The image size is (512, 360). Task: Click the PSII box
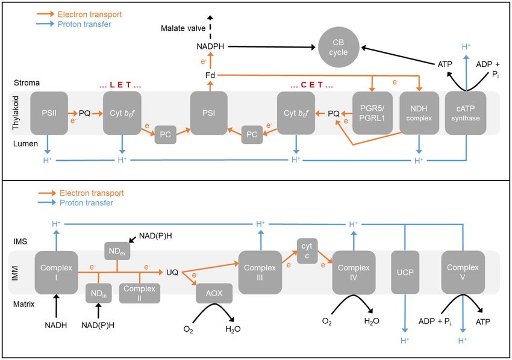pyautogui.click(x=49, y=113)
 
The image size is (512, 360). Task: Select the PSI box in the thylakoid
pyautogui.click(x=209, y=113)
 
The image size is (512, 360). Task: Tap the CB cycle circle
pyautogui.click(x=339, y=48)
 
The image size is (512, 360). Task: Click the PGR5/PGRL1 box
pyautogui.click(x=373, y=113)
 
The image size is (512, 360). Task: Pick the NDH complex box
pyautogui.click(x=419, y=113)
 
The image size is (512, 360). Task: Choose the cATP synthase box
pyautogui.click(x=466, y=113)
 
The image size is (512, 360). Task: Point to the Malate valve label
pyautogui.click(x=183, y=28)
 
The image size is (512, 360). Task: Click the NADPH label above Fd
pyautogui.click(x=210, y=46)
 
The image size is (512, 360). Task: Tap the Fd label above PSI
pyautogui.click(x=210, y=75)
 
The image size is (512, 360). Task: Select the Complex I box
pyautogui.click(x=57, y=273)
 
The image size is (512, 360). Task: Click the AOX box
pyautogui.click(x=214, y=293)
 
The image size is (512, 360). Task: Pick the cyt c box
pyautogui.click(x=307, y=250)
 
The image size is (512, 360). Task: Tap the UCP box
pyautogui.click(x=405, y=272)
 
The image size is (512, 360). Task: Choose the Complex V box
pyautogui.click(x=463, y=272)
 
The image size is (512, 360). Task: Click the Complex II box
pyautogui.click(x=139, y=293)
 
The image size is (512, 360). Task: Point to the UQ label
pyautogui.click(x=172, y=272)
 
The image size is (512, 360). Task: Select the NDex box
pyautogui.click(x=117, y=251)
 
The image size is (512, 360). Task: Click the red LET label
pyautogui.click(x=120, y=85)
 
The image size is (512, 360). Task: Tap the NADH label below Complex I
pyautogui.click(x=56, y=325)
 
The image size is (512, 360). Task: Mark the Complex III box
pyautogui.click(x=260, y=272)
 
